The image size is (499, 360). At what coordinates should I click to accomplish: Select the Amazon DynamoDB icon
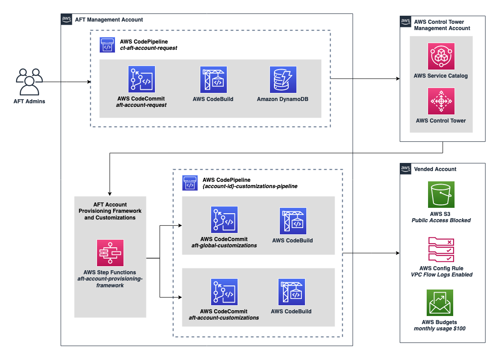pyautogui.click(x=283, y=79)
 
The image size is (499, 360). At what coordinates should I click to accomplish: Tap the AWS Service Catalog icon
pyautogui.click(x=441, y=56)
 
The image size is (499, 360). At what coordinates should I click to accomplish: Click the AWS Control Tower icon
pyautogui.click(x=441, y=101)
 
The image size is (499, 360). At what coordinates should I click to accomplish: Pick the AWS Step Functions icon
pyautogui.click(x=110, y=253)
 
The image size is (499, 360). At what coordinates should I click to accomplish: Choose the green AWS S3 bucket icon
pyautogui.click(x=441, y=194)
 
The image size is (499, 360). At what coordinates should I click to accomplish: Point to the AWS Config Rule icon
pyautogui.click(x=441, y=249)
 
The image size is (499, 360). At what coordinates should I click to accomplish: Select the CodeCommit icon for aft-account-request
pyautogui.click(x=141, y=79)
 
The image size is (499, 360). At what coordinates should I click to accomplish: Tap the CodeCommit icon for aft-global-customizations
pyautogui.click(x=224, y=220)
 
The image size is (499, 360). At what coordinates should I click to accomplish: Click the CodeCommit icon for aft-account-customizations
pyautogui.click(x=224, y=292)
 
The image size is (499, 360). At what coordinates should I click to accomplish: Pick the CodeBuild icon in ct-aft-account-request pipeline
pyautogui.click(x=213, y=79)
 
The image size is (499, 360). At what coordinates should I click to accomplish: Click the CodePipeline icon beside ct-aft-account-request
pyautogui.click(x=107, y=45)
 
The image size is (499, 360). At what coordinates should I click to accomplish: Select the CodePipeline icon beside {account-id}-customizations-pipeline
pyautogui.click(x=190, y=183)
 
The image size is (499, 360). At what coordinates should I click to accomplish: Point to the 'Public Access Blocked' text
pyautogui.click(x=441, y=220)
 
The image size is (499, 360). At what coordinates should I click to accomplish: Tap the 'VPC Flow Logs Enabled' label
pyautogui.click(x=442, y=275)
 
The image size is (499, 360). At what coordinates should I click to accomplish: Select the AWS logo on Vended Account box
pyautogui.click(x=406, y=169)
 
